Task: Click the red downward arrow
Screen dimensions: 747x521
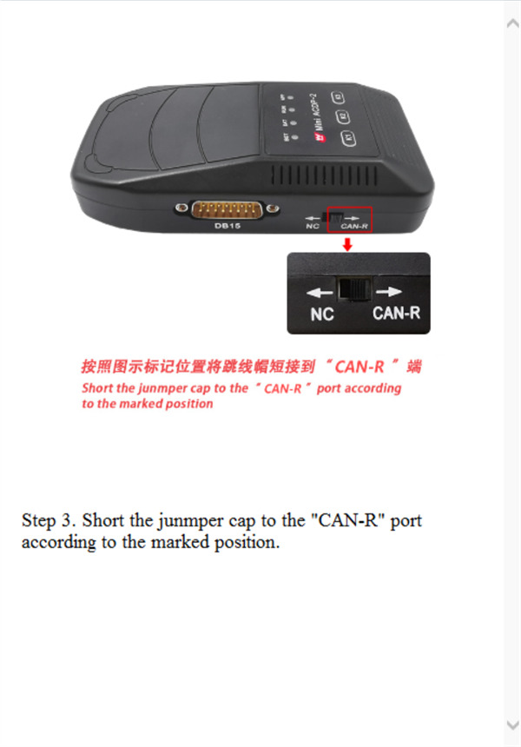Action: point(347,244)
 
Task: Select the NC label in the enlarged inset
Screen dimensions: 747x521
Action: point(322,314)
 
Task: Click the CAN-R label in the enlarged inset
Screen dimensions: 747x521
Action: point(396,313)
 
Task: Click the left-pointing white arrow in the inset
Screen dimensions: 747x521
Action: point(320,293)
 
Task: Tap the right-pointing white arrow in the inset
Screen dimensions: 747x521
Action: point(389,293)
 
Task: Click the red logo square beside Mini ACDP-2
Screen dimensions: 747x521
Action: point(296,139)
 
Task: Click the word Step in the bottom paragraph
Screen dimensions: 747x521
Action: point(39,521)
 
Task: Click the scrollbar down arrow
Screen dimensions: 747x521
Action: point(511,724)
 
